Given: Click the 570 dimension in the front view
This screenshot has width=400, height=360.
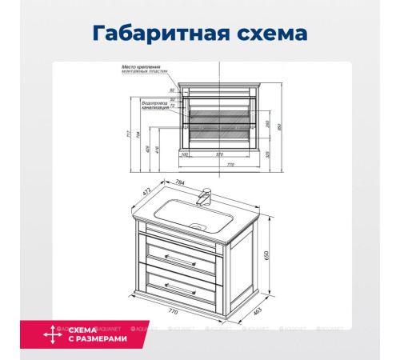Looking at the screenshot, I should coord(218,154).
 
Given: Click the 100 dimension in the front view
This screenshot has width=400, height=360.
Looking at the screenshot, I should coord(185,154).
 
